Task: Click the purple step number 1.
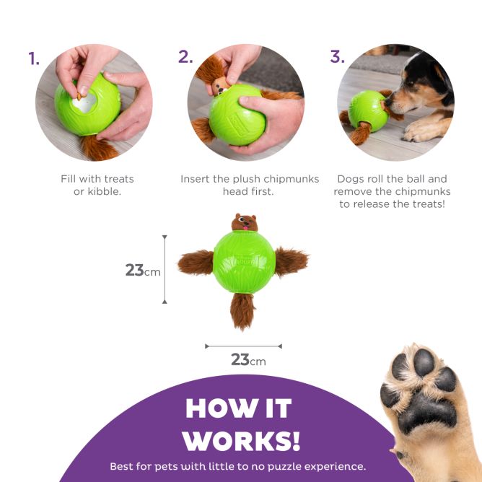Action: pyautogui.click(x=34, y=58)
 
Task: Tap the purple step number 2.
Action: pyautogui.click(x=185, y=57)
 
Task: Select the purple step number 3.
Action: pyautogui.click(x=336, y=57)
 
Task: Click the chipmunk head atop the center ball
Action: pyautogui.click(x=245, y=223)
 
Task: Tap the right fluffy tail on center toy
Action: pyautogui.click(x=291, y=260)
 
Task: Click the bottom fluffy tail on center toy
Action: pyautogui.click(x=243, y=310)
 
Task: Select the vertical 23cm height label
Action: pyautogui.click(x=142, y=271)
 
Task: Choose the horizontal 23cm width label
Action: pyautogui.click(x=247, y=359)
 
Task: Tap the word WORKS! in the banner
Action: pyautogui.click(x=241, y=440)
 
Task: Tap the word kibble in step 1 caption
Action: pyautogui.click(x=105, y=191)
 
